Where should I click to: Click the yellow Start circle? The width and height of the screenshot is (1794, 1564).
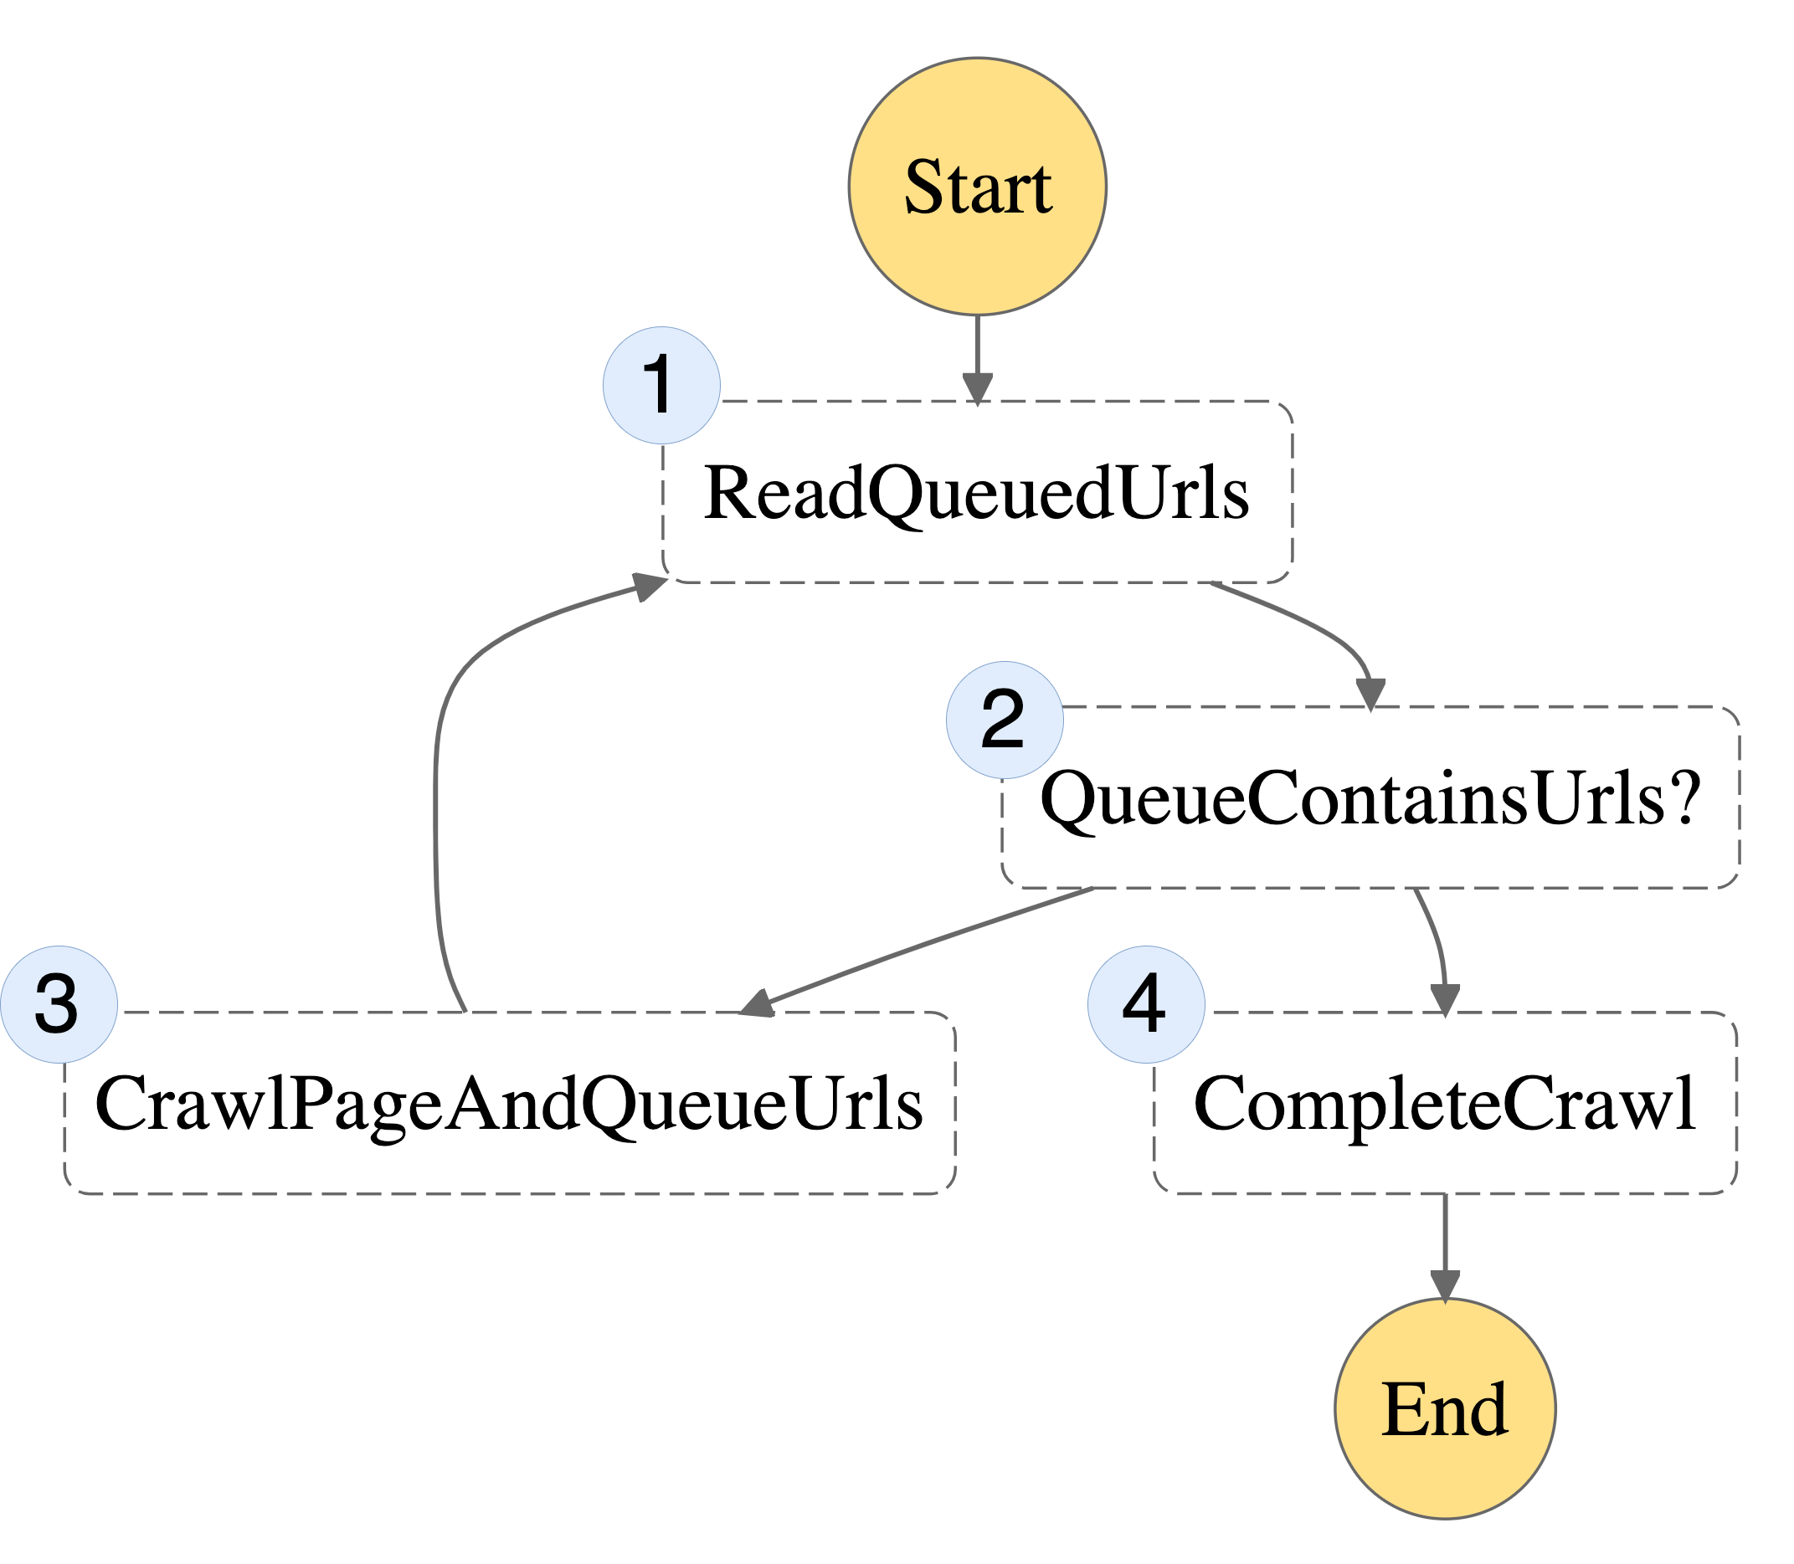coord(977,186)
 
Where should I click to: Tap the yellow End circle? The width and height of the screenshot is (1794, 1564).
coord(1445,1408)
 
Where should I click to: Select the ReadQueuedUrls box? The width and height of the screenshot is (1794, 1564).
coord(977,491)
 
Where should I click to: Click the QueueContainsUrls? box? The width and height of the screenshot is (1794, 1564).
coord(1370,797)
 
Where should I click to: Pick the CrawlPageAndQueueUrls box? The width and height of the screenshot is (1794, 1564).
coord(510,1102)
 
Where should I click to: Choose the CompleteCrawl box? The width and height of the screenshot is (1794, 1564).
coord(1445,1102)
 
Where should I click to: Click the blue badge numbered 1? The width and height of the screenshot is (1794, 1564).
coord(661,385)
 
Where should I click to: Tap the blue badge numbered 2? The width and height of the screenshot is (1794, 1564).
coord(1005,720)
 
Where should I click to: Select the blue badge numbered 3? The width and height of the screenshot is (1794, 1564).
coord(59,1004)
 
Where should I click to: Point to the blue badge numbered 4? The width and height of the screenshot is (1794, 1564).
coord(1146,1004)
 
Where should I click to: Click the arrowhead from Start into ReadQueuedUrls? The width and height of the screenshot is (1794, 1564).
coord(977,389)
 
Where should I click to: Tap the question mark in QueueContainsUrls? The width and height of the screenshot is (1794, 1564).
coord(1685,797)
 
